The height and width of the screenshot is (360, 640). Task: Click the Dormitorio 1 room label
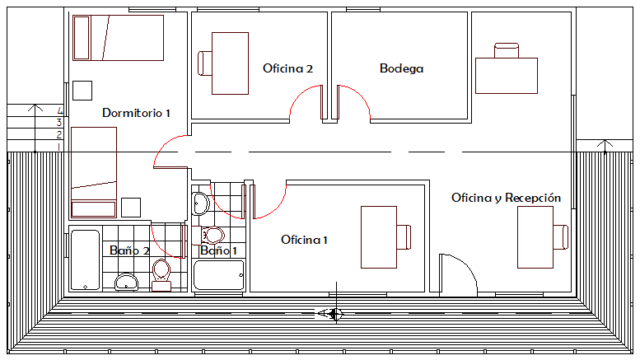(136, 112)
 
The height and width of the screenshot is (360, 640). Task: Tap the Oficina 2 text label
(287, 68)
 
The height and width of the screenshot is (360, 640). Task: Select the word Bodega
(401, 68)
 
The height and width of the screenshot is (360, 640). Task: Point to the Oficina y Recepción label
(506, 198)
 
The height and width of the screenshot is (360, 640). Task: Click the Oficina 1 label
(304, 240)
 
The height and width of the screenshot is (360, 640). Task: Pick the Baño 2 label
(129, 250)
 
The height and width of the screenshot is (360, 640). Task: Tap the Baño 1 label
(218, 250)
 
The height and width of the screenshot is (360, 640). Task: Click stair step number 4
(60, 110)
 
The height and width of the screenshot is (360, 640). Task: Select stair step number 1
(60, 146)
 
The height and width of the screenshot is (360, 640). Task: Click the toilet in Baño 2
(161, 273)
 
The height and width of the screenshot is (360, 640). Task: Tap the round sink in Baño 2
(127, 283)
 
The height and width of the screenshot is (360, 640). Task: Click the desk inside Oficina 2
(230, 63)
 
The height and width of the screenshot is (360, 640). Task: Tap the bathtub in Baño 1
(219, 275)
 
